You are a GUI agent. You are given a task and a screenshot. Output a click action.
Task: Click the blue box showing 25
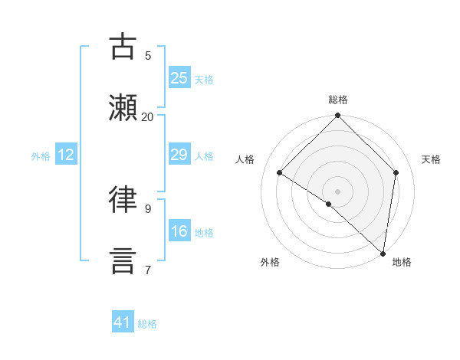[179, 78]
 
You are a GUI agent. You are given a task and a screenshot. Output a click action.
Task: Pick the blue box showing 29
[179, 155]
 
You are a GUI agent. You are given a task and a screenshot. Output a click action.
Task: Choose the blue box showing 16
[179, 232]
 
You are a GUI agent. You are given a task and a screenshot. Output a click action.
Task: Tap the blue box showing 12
[66, 155]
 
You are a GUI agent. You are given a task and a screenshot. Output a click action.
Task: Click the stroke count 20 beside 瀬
[147, 116]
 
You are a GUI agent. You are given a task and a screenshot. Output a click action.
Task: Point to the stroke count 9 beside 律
[147, 208]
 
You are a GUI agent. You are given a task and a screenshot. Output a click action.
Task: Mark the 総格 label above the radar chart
[338, 100]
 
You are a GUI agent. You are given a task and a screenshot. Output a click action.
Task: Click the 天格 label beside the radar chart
[431, 159]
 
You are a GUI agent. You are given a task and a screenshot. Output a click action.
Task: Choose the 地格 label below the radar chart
[402, 262]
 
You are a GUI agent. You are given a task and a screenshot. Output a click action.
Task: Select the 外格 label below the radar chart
[270, 262]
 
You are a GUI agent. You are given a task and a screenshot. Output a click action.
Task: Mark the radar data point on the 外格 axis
[329, 204]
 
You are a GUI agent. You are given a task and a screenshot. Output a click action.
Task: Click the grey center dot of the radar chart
[338, 191]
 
